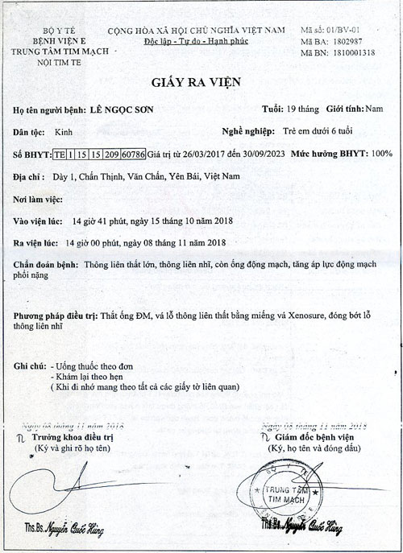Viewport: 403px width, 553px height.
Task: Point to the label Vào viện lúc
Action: click(x=37, y=219)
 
